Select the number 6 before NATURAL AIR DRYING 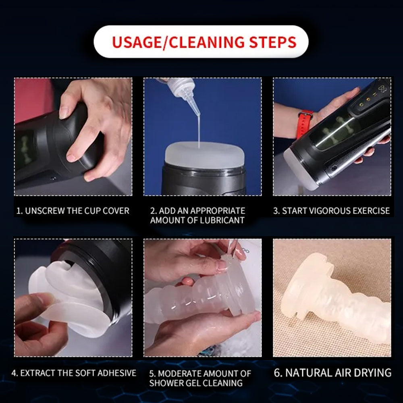pyautogui.click(x=277, y=372)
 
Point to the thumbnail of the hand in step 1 pyautogui.click(x=64, y=111)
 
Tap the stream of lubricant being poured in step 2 pyautogui.click(x=199, y=129)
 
